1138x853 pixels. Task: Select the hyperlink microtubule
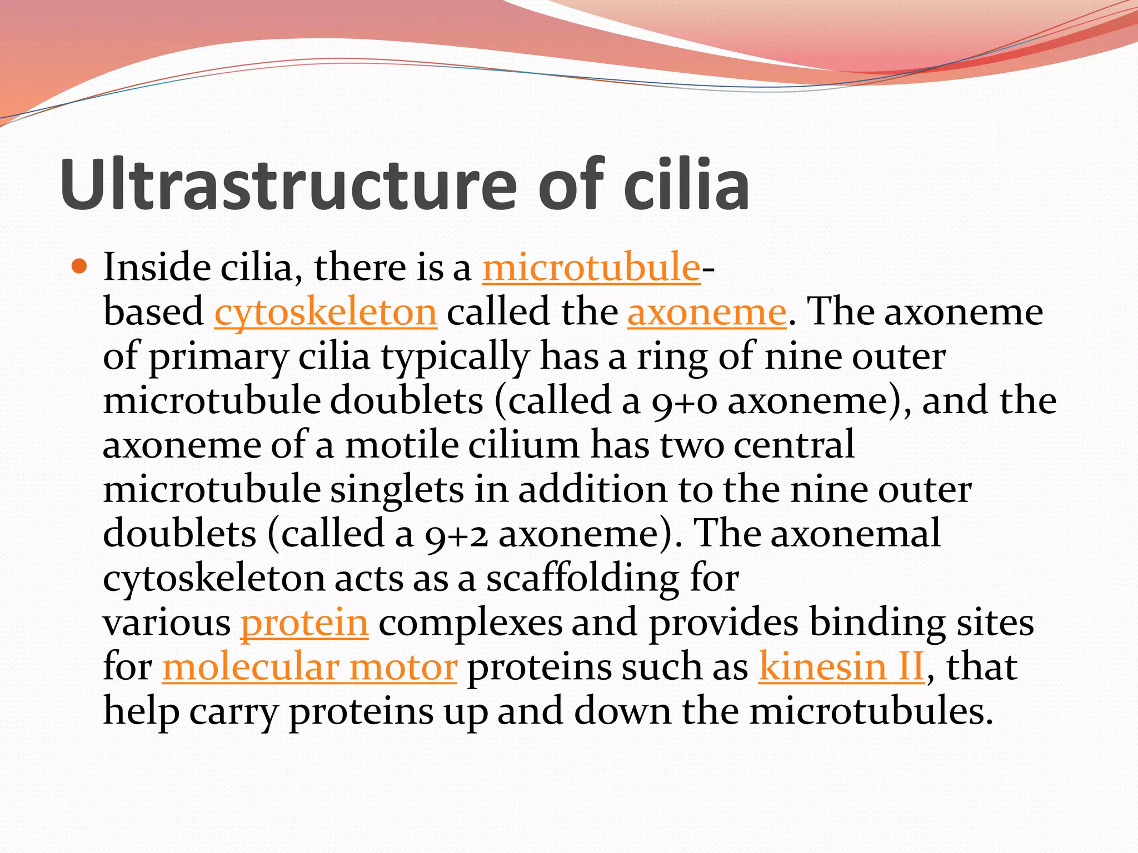coord(591,268)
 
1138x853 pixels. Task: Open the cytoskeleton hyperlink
coord(326,313)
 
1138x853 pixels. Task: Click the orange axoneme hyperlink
coord(707,313)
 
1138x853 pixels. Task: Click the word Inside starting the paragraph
coord(156,268)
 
